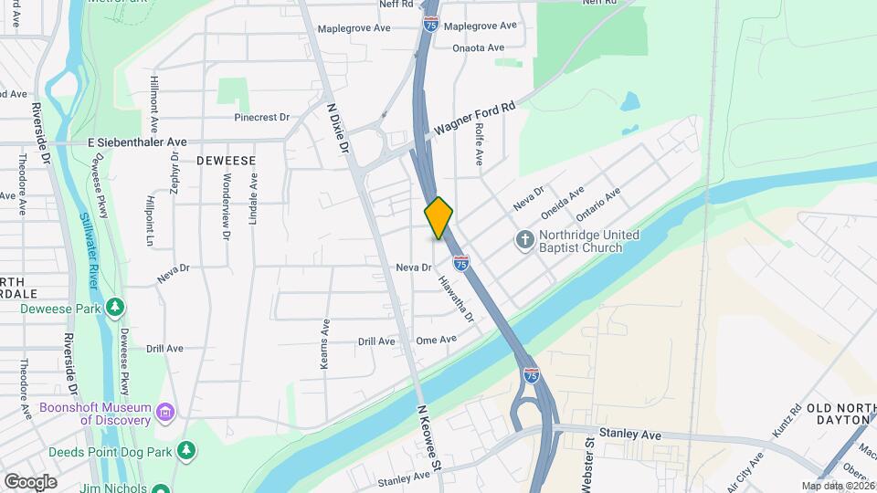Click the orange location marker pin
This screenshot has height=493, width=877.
coord(438,217)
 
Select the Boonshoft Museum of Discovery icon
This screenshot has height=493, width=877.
coord(164,413)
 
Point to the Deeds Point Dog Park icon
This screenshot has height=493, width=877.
coord(186,449)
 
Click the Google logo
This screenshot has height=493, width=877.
coord(30,481)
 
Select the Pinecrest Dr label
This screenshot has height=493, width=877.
coord(261,118)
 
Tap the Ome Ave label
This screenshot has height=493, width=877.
coord(436,340)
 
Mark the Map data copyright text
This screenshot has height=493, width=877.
coord(837,486)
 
